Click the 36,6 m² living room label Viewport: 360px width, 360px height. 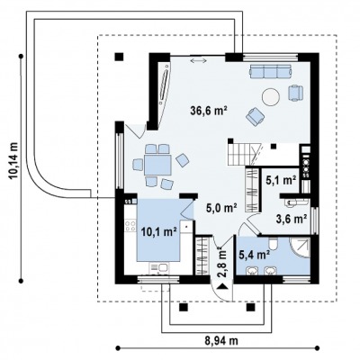tap(208, 111)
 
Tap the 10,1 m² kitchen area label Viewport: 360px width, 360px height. tap(158, 231)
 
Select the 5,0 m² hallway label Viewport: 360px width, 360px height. tap(221, 207)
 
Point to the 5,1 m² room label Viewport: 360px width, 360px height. tap(281, 180)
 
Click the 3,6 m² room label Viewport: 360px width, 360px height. tap(291, 219)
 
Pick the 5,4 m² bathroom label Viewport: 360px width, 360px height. tap(254, 255)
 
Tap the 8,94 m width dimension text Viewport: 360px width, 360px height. tap(221, 341)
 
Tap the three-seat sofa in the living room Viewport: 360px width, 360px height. tap(270, 71)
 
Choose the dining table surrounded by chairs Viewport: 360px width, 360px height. tap(157, 165)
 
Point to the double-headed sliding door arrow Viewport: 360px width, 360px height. tap(198, 61)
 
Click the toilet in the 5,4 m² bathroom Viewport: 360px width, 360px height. tap(273, 244)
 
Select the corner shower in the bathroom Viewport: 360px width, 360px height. tap(301, 247)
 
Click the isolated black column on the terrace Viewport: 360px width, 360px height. tap(120, 57)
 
